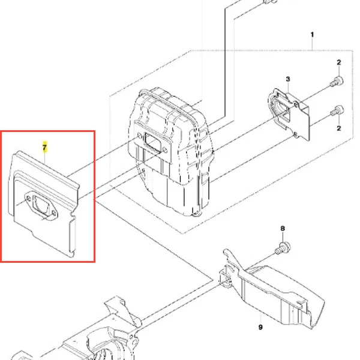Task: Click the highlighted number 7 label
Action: pos(44,147)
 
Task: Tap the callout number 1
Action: pos(312,35)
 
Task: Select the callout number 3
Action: pos(288,79)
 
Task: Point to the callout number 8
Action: pos(283,229)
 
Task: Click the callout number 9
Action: pos(260,327)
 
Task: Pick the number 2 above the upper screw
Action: pos(339,62)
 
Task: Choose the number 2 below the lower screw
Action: pos(339,128)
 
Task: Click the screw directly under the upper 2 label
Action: pos(337,82)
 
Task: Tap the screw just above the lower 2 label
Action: pos(337,110)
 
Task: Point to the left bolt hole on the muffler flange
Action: pos(139,136)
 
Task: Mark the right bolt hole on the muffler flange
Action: pos(164,150)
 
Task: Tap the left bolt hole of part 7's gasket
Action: pos(28,199)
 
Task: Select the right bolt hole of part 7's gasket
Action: pos(54,213)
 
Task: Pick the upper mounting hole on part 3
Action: pos(296,105)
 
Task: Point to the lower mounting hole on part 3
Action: pos(295,134)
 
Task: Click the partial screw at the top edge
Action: pos(270,1)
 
